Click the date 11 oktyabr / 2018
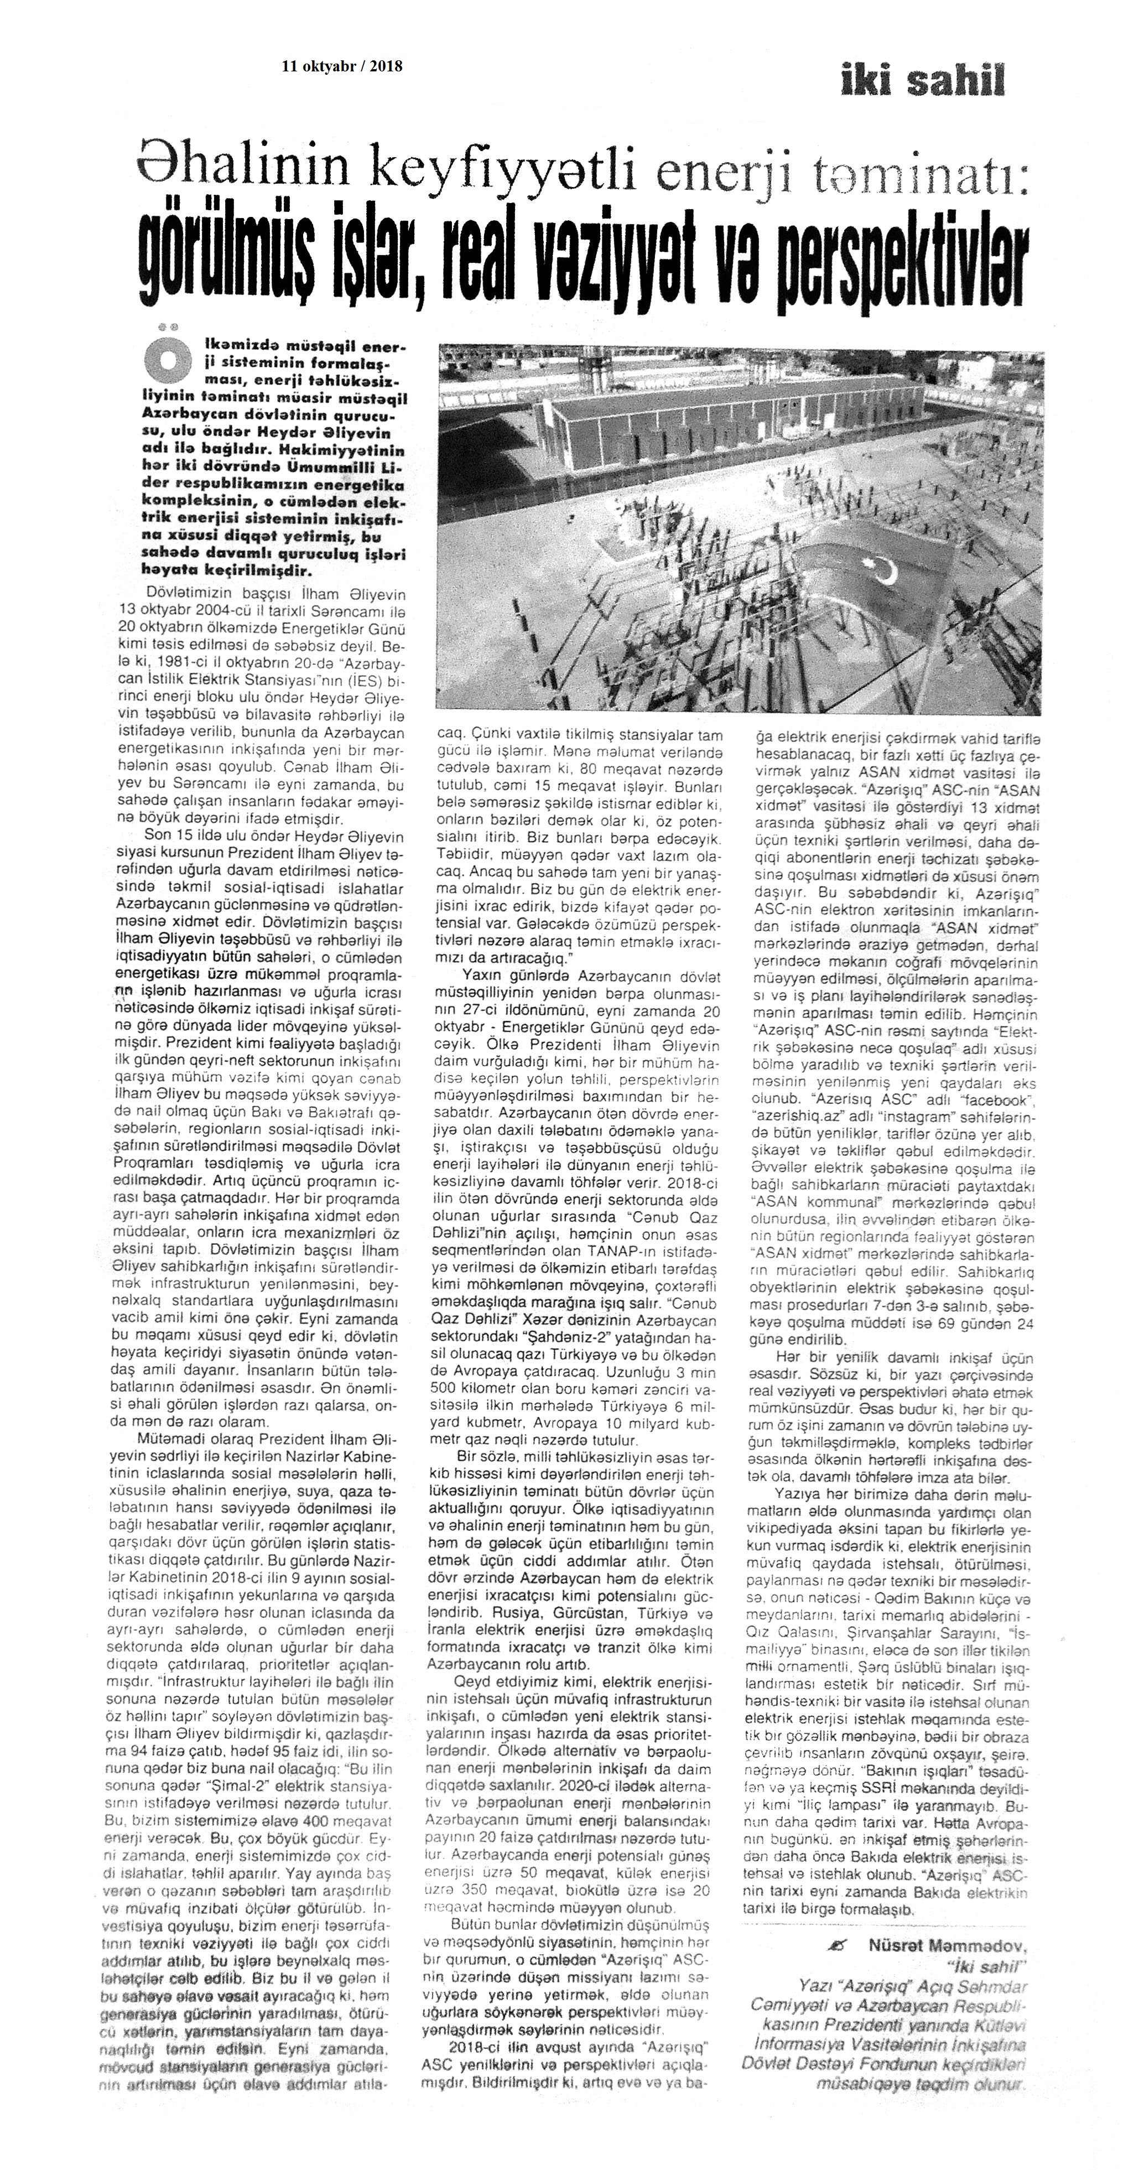[x=342, y=66]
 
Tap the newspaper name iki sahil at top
[x=922, y=82]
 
